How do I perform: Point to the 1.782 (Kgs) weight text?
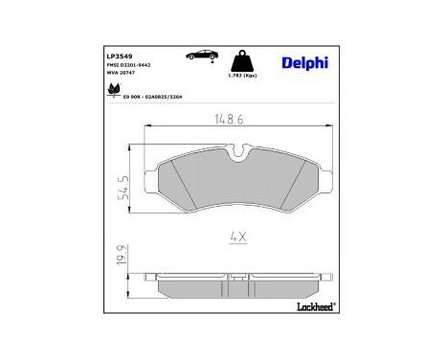click(243, 76)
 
